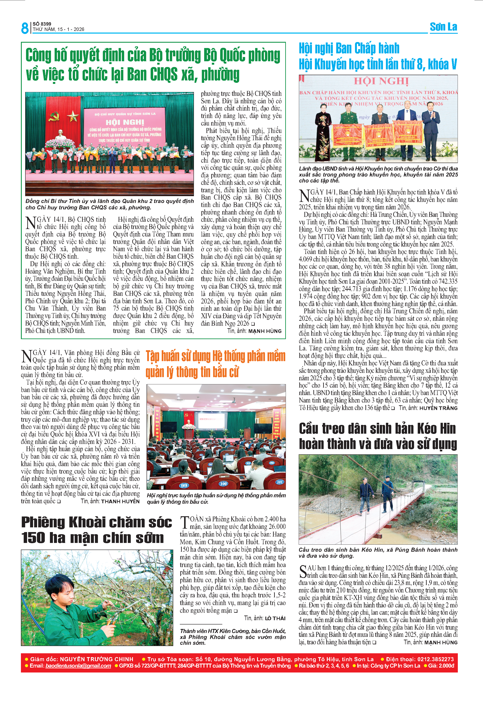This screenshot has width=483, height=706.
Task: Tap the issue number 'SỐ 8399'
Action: coord(42,24)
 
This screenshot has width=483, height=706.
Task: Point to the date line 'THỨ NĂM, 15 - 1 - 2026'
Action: coord(58,29)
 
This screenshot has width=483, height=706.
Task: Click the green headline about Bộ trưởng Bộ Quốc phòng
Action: coord(153,65)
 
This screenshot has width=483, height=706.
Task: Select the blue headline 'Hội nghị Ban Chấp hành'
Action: coord(349,49)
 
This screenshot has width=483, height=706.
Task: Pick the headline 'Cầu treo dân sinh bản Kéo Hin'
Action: coord(377,429)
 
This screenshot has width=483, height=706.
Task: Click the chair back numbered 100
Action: coord(223,484)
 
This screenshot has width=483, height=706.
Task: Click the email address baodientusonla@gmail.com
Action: coord(78,666)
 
